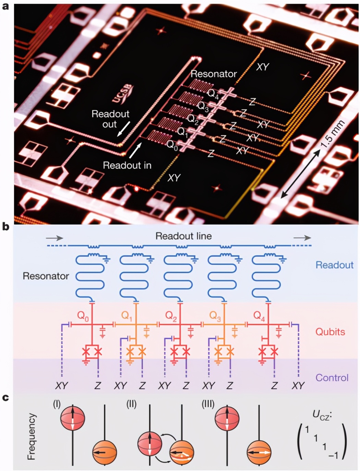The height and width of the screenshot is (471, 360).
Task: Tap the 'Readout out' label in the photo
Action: [110, 119]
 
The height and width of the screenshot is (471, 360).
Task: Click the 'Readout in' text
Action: [127, 165]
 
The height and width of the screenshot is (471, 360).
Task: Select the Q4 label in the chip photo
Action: [213, 94]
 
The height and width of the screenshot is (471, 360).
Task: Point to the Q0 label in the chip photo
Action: [172, 145]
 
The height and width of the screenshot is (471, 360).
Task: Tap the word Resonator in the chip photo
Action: [214, 74]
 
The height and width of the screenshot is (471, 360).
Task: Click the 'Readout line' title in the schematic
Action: [184, 236]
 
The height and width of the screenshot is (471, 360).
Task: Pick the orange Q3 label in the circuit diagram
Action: [215, 316]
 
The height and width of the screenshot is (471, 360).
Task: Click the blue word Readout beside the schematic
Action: [335, 265]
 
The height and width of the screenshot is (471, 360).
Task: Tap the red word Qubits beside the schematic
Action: [330, 332]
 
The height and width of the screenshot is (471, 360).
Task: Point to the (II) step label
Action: [131, 404]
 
